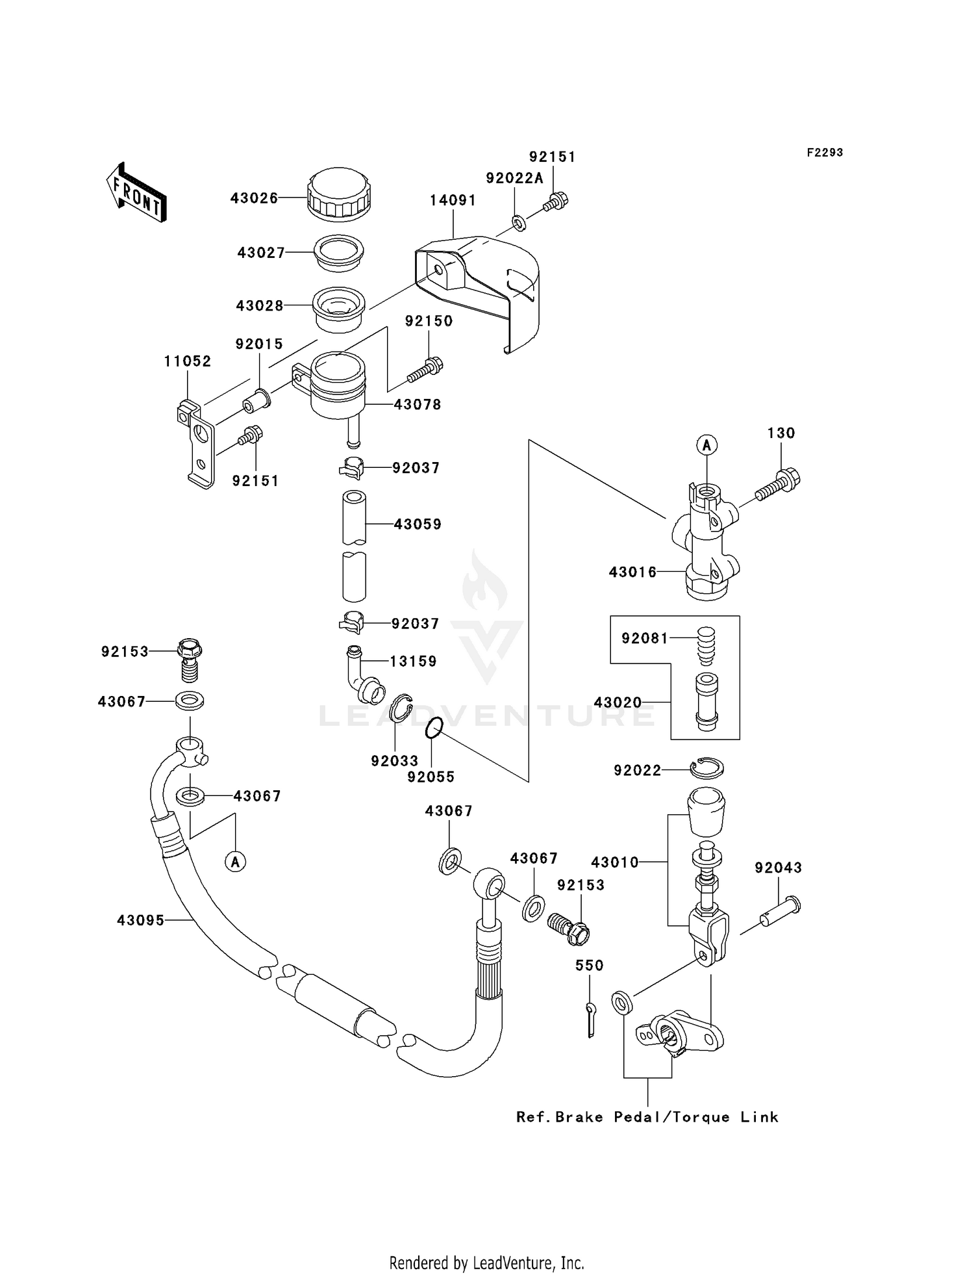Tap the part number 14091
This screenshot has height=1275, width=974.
(453, 201)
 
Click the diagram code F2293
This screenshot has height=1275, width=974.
(825, 153)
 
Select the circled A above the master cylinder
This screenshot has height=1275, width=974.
(706, 445)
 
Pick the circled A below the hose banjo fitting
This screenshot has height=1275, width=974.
(236, 862)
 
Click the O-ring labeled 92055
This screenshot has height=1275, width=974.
(434, 728)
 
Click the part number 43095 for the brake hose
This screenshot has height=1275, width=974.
(140, 920)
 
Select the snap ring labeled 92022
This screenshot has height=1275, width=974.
(707, 769)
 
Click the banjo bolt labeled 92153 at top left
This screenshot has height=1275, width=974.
(188, 658)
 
